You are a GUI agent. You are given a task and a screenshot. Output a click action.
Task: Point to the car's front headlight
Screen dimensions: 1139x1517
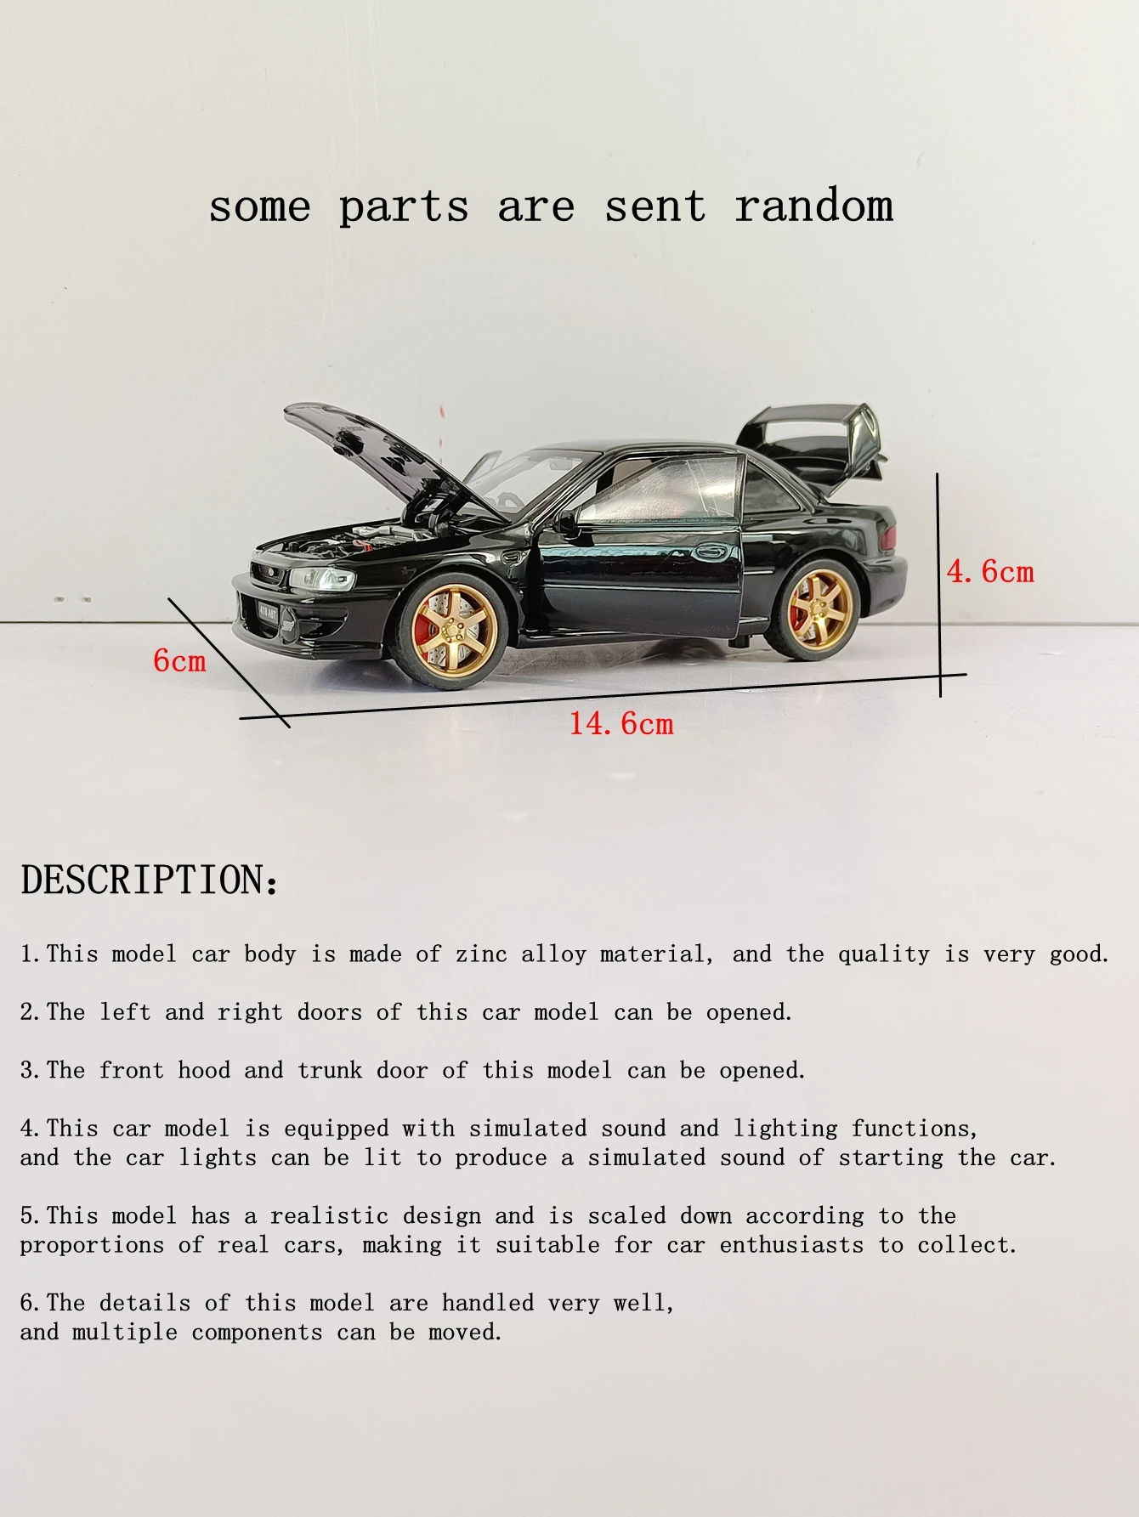click(x=322, y=579)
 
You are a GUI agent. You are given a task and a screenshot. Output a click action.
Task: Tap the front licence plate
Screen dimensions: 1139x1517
click(x=268, y=610)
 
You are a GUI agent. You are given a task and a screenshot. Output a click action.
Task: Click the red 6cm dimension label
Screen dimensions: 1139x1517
click(x=179, y=661)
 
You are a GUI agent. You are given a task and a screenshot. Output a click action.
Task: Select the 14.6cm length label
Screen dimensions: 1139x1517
click(x=621, y=724)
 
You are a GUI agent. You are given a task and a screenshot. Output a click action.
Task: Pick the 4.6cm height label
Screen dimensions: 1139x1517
click(x=990, y=572)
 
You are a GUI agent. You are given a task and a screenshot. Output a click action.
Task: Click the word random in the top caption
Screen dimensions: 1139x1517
click(x=813, y=206)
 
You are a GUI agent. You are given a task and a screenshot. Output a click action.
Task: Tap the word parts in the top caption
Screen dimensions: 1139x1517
click(x=404, y=206)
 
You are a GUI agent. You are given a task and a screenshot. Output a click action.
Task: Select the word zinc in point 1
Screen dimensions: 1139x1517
click(x=481, y=954)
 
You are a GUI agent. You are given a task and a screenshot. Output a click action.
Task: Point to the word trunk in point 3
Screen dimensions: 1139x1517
click(x=330, y=1070)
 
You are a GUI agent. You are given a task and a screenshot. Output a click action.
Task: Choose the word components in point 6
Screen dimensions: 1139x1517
click(x=257, y=1332)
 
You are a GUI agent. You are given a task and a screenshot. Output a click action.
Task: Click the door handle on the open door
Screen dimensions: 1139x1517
click(x=712, y=552)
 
